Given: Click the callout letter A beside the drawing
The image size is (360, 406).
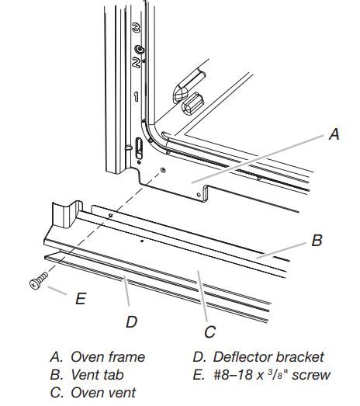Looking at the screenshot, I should [x=334, y=134].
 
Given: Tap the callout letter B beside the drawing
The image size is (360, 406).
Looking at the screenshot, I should [x=317, y=241].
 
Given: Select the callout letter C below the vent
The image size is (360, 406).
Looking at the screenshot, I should [x=209, y=332].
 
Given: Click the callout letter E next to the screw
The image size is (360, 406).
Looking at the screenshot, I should [x=80, y=297].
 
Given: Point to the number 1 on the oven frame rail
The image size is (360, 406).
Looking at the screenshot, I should [x=135, y=97].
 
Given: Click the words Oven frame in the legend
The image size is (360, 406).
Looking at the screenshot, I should [x=108, y=357].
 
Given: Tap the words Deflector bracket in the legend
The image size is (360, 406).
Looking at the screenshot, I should [x=268, y=357].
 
